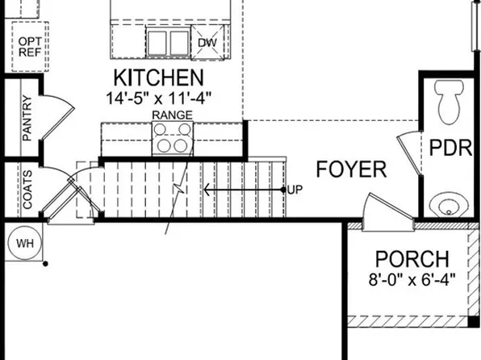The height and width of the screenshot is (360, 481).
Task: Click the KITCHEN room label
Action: pyautogui.click(x=158, y=78)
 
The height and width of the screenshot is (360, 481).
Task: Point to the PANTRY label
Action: pyautogui.click(x=27, y=119)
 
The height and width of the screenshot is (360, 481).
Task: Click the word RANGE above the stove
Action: pyautogui.click(x=172, y=115)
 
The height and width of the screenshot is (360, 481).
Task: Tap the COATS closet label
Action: pyautogui.click(x=27, y=190)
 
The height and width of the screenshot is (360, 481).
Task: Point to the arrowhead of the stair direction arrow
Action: pyautogui.click(x=207, y=190)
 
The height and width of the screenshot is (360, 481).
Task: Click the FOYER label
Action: pyautogui.click(x=351, y=170)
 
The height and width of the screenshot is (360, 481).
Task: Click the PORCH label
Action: pyautogui.click(x=412, y=260)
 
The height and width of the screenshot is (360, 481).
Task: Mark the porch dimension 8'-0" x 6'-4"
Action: pyautogui.click(x=412, y=280)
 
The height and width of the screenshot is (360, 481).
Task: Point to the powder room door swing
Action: pyautogui.click(x=408, y=150)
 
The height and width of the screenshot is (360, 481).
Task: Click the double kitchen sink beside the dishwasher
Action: pyautogui.click(x=167, y=41)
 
